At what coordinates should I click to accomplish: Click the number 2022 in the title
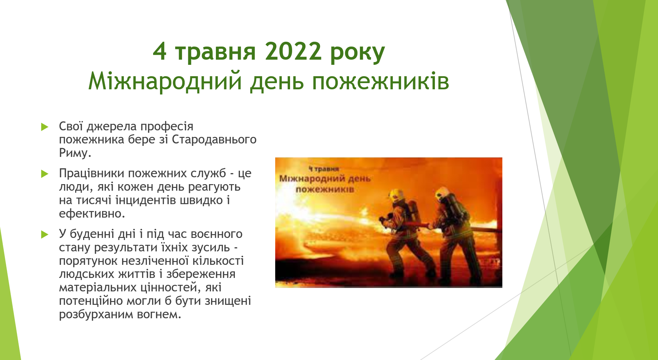coord(293,51)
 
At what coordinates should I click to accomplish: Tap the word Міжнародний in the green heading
coord(165,81)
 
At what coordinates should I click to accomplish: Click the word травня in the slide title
coord(215,52)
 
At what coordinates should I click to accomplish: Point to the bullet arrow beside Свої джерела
coord(44,127)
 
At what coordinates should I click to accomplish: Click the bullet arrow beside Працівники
coord(44,174)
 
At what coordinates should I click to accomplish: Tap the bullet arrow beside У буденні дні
coord(44,234)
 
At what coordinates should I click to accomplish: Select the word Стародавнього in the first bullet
coord(214,140)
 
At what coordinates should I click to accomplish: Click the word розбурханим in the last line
coord(96,314)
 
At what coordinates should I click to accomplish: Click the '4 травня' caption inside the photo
coord(324,169)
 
